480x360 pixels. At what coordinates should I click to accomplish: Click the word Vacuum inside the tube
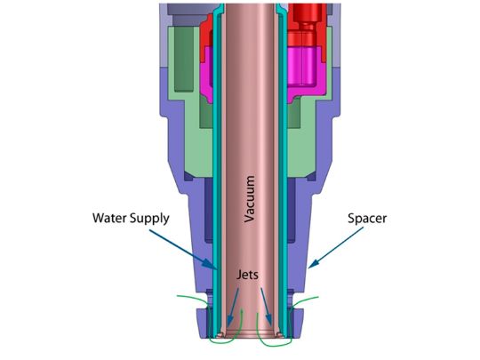pyautogui.click(x=250, y=199)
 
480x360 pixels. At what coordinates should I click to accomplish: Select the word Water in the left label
pyautogui.click(x=110, y=218)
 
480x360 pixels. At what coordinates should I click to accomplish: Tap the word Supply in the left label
pyautogui.click(x=149, y=219)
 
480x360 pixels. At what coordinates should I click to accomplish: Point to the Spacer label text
pyautogui.click(x=367, y=219)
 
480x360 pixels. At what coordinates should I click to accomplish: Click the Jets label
pyautogui.click(x=247, y=275)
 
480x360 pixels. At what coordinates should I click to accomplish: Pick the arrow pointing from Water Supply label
pyautogui.click(x=184, y=250)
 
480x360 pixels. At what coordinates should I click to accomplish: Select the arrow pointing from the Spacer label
pyautogui.click(x=336, y=248)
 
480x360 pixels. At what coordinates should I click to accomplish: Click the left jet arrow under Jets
pyautogui.click(x=233, y=307)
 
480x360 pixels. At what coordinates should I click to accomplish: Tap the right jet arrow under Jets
pyautogui.click(x=267, y=307)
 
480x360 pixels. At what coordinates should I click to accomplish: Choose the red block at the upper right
pyautogui.click(x=306, y=25)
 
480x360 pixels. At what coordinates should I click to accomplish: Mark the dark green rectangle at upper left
pyautogui.click(x=184, y=59)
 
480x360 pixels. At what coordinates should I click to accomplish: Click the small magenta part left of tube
pyautogui.click(x=206, y=73)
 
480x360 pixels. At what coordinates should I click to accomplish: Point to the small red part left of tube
pyautogui.click(x=206, y=35)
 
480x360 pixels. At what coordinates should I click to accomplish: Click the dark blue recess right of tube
pyautogui.click(x=292, y=211)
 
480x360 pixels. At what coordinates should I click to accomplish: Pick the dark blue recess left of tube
pyautogui.click(x=209, y=211)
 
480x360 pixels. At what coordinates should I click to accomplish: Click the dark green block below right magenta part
pyautogui.click(x=294, y=113)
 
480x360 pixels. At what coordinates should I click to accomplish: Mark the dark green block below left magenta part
pyautogui.click(x=206, y=113)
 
